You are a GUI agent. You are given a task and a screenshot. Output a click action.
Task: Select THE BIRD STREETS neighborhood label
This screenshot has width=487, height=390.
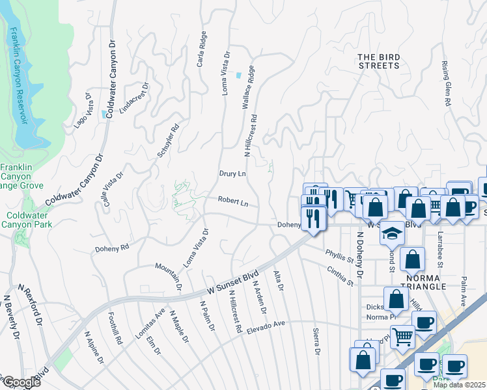click(378, 61)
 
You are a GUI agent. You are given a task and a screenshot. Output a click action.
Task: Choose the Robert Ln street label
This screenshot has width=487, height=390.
click(232, 203)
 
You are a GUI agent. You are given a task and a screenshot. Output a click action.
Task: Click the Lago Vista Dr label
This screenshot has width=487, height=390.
click(84, 110)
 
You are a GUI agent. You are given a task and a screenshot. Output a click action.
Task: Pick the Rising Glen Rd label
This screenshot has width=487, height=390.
click(447, 84)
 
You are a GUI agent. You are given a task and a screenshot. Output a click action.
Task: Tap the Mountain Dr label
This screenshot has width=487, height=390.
click(167, 276)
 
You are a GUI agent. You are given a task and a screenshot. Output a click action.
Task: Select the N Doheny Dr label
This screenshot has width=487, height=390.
click(359, 253)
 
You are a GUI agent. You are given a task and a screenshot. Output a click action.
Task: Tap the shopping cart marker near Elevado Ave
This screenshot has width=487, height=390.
click(403, 336)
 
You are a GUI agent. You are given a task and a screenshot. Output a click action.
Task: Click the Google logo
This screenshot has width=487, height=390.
click(21, 382)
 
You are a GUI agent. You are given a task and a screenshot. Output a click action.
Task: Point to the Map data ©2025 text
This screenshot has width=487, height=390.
click(459, 385)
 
